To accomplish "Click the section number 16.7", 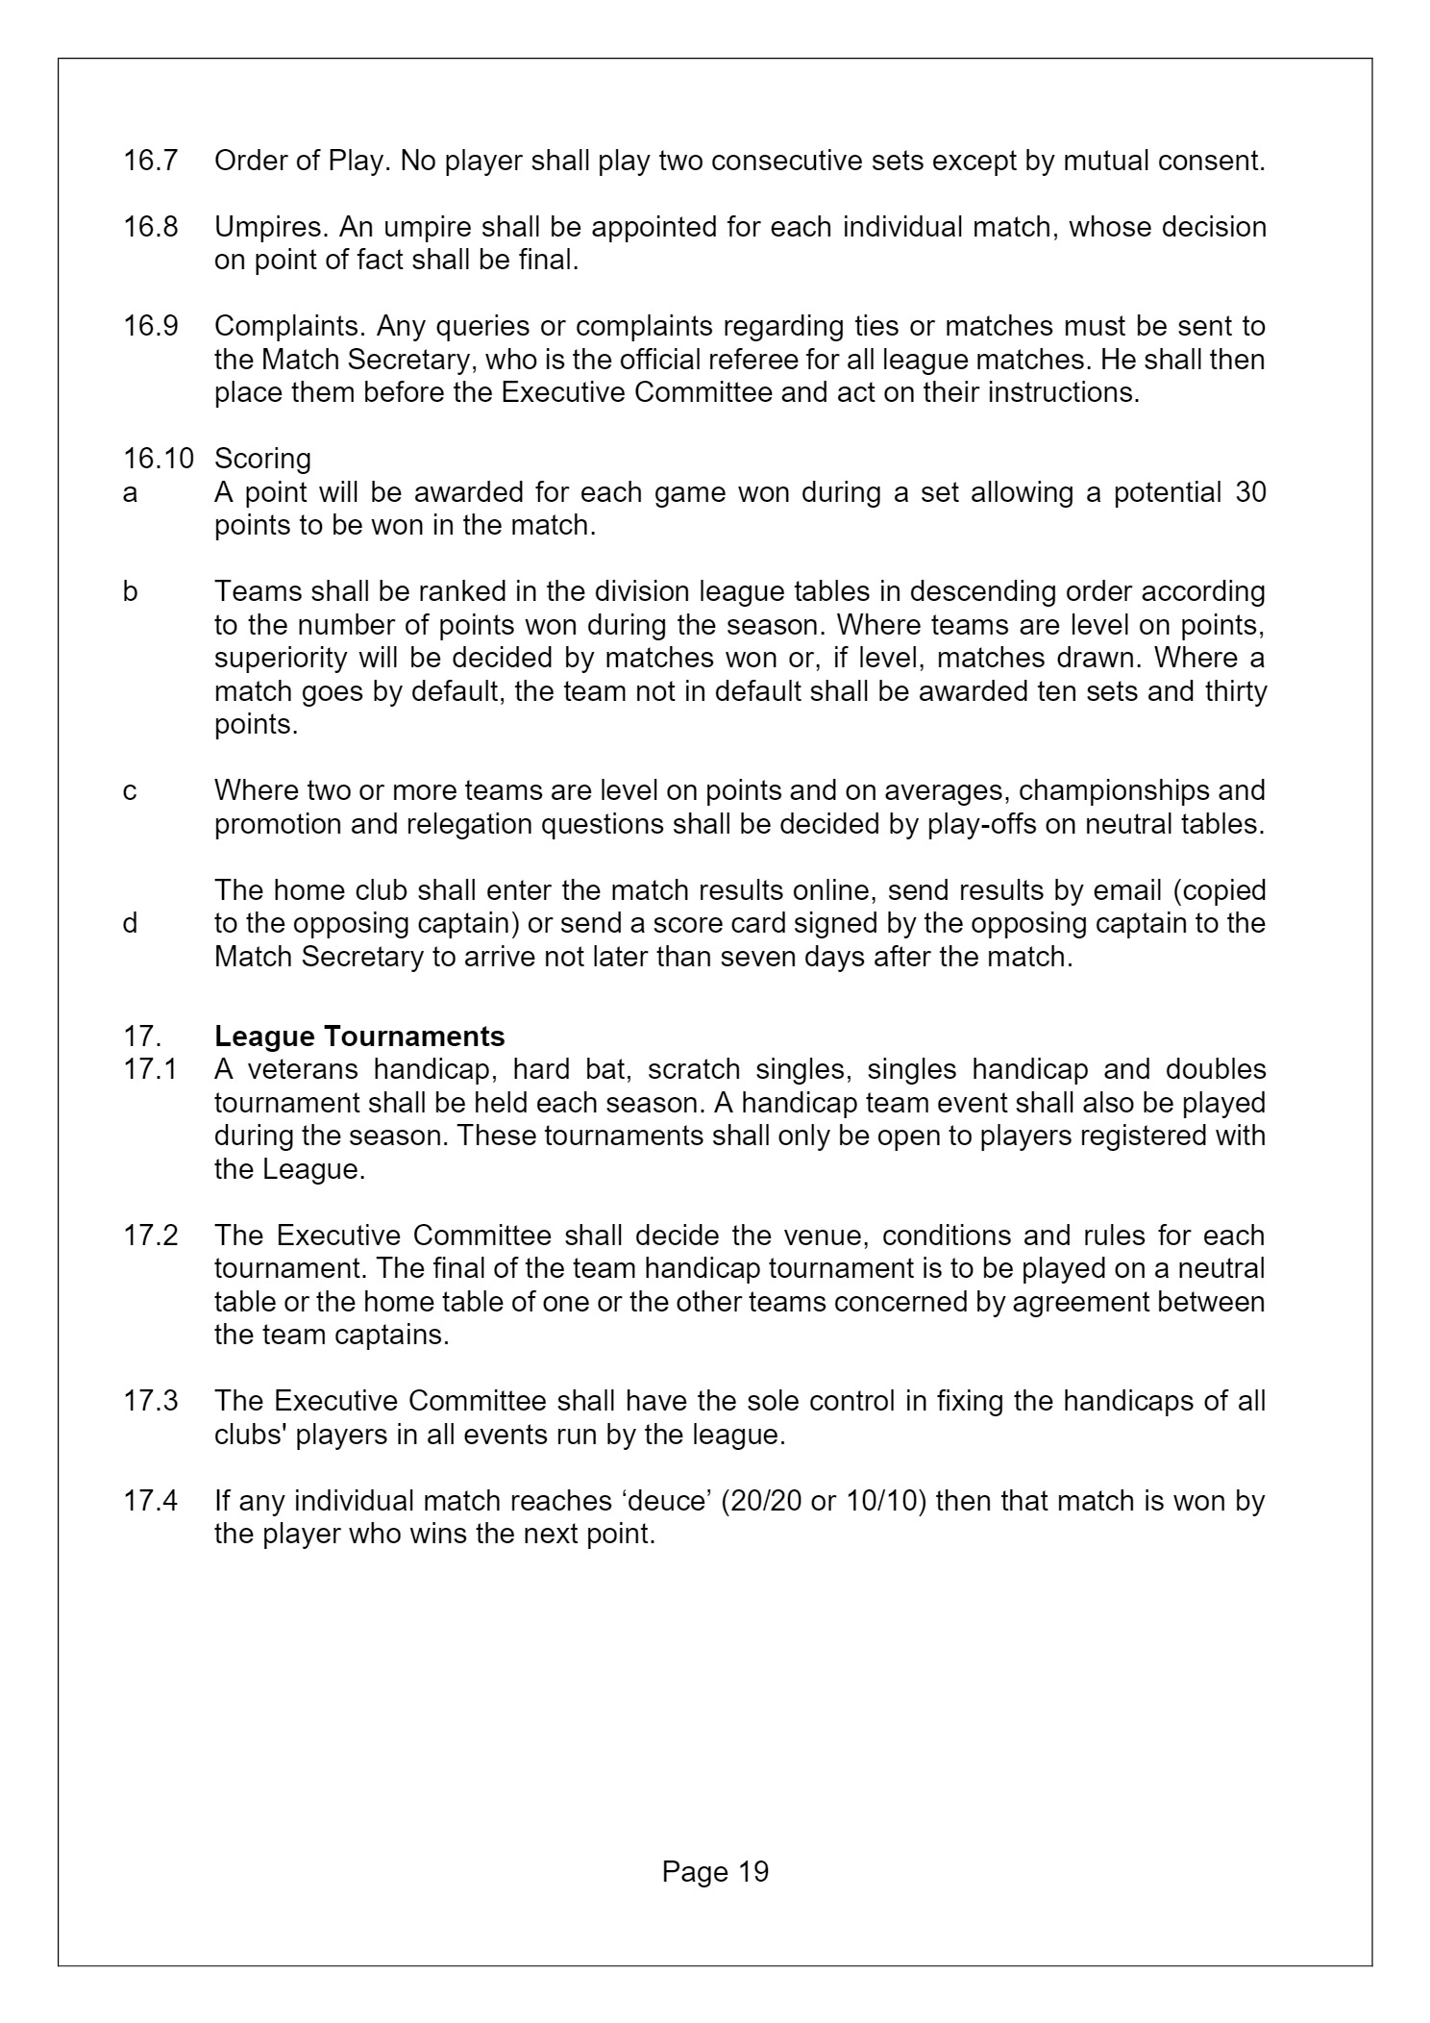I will click(x=150, y=161).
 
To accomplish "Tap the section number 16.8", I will click(x=150, y=228).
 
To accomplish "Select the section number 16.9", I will click(x=150, y=327).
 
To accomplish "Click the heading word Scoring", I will click(x=262, y=459).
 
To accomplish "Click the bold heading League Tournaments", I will click(x=359, y=1036).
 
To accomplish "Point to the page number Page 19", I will click(x=715, y=1871).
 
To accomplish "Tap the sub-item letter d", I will click(x=130, y=923).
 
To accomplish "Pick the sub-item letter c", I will click(x=130, y=790).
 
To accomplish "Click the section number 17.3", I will click(x=150, y=1401).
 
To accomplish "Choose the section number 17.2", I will click(x=150, y=1236).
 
